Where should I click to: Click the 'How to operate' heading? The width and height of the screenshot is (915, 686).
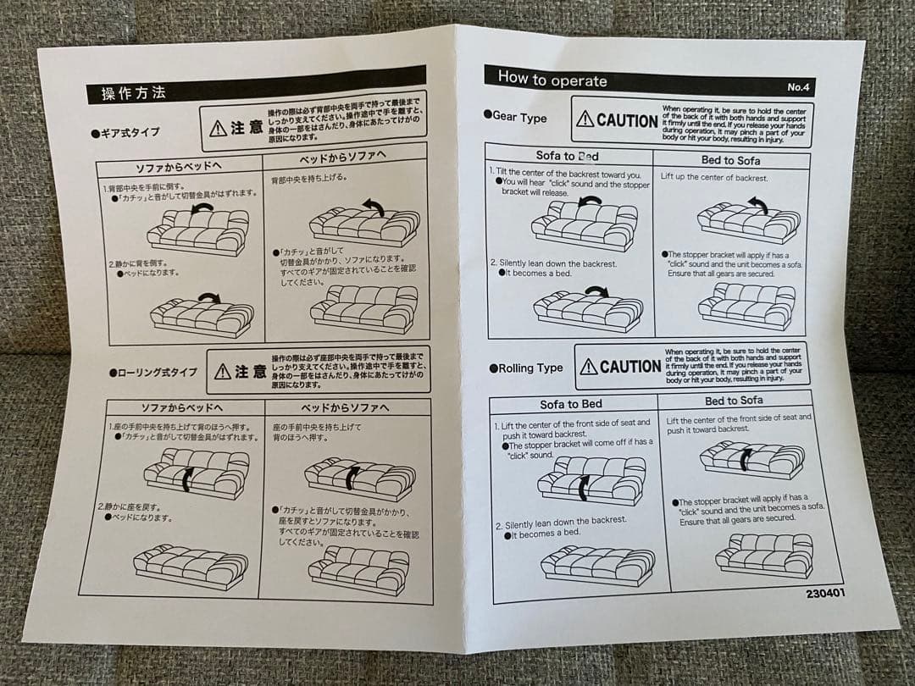(x=552, y=80)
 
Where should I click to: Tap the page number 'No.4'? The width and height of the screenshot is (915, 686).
(x=801, y=87)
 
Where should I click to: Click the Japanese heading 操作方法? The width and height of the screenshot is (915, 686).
(x=134, y=93)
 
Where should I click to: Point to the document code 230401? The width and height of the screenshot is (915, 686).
(x=825, y=593)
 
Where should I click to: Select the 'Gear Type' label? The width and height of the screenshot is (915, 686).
(x=519, y=118)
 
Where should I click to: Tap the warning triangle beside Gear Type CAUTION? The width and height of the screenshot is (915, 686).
(x=585, y=120)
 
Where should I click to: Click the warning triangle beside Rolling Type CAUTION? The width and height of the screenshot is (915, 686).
(x=589, y=367)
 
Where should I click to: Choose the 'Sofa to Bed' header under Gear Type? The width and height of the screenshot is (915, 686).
(x=567, y=156)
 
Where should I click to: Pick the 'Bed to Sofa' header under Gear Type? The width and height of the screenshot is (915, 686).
(x=730, y=160)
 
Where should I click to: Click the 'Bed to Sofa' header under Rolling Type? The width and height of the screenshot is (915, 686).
(x=734, y=401)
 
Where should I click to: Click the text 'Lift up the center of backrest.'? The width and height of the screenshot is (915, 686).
(x=714, y=178)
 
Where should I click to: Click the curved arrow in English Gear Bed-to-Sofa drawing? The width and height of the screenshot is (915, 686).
(x=757, y=203)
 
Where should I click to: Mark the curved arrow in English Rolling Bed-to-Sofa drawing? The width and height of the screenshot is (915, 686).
(x=746, y=458)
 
